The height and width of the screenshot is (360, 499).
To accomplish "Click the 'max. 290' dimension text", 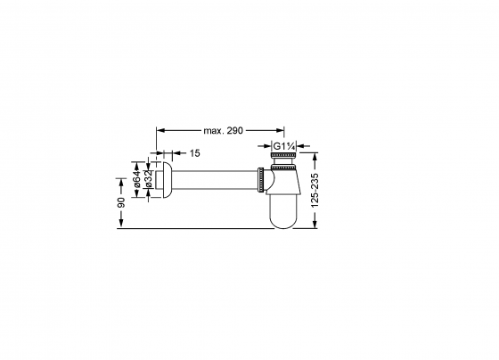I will pyautogui.click(x=222, y=130).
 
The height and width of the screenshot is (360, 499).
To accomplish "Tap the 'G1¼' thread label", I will pyautogui.click(x=283, y=145).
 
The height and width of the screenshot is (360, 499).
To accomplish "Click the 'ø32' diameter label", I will pyautogui.click(x=148, y=183).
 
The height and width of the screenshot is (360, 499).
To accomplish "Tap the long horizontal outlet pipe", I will pyautogui.click(x=214, y=182).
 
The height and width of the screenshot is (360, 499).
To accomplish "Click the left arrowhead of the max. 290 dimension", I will pyautogui.click(x=160, y=130).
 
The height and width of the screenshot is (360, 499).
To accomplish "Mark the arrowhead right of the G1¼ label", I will pyautogui.click(x=300, y=145).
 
